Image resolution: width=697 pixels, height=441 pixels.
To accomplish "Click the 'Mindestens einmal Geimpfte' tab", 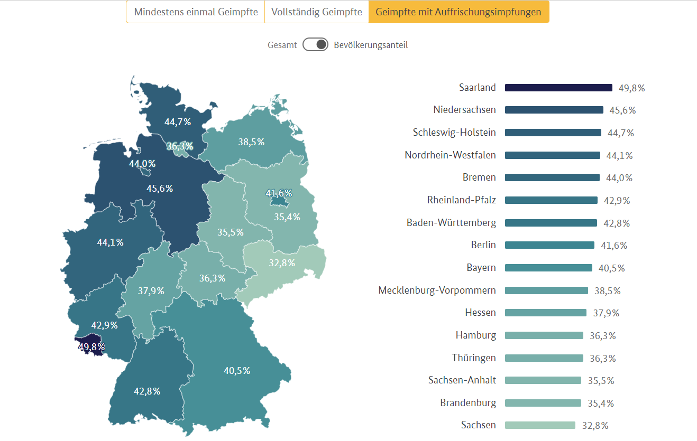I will (x=196, y=12).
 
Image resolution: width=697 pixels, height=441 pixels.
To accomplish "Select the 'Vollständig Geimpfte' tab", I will (x=316, y=12).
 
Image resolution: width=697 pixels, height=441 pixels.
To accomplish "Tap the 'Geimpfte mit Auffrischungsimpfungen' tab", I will (x=458, y=12).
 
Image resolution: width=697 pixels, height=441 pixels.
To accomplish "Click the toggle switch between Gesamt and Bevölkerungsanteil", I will (x=316, y=45).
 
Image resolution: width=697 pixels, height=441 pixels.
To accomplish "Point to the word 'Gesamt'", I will (x=282, y=45).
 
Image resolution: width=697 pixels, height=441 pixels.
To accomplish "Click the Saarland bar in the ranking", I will (x=558, y=88).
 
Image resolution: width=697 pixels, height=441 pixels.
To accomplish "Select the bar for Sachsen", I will (x=540, y=425).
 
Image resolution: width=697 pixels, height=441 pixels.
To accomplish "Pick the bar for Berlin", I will (x=549, y=245).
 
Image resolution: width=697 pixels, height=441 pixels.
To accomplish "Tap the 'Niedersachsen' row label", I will (x=465, y=110).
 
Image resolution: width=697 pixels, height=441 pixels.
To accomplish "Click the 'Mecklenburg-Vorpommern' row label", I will (x=437, y=290).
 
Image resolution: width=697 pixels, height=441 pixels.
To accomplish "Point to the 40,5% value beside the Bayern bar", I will (x=611, y=268).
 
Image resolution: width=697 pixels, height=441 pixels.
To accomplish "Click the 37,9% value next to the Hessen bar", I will (x=606, y=313).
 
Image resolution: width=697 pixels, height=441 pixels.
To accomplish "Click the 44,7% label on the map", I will (x=178, y=121).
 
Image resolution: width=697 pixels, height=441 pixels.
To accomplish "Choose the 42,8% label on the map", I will (x=147, y=391).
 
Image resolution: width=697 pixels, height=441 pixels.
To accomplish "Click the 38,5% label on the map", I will (x=251, y=142).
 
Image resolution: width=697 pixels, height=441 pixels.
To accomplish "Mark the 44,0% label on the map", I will (x=142, y=164).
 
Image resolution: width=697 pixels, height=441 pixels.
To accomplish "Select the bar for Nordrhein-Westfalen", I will (x=552, y=155).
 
